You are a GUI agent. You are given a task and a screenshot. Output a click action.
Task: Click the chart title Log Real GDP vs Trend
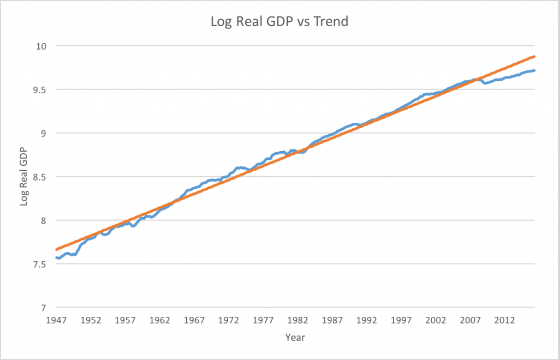(x=279, y=22)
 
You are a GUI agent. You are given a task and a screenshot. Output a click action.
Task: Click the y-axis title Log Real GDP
(x=24, y=177)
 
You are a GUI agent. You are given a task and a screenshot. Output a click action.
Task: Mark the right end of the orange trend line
(x=534, y=56)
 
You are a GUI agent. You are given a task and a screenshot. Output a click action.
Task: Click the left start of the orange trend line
(x=56, y=249)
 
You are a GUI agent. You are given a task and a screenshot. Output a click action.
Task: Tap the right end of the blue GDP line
(x=534, y=70)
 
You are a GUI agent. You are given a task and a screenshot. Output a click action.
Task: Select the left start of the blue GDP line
(x=56, y=257)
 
